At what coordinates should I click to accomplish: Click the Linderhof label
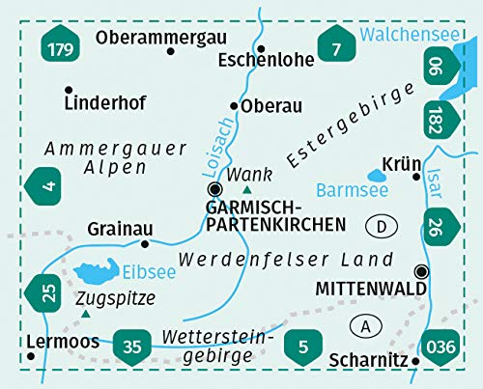pyautogui.click(x=95, y=100)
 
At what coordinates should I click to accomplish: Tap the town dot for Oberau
pyautogui.click(x=235, y=106)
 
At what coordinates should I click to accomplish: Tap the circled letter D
pyautogui.click(x=384, y=226)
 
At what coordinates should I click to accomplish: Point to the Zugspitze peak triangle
pyautogui.click(x=87, y=314)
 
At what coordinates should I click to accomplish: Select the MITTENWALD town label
pyautogui.click(x=363, y=288)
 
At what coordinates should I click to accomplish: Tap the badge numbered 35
pyautogui.click(x=131, y=343)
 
